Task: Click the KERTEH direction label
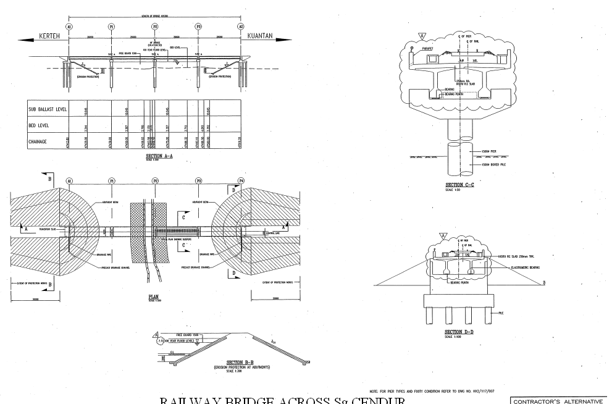pyautogui.click(x=49, y=37)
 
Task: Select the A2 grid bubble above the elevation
pyautogui.click(x=241, y=27)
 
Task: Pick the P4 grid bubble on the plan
pyautogui.click(x=241, y=182)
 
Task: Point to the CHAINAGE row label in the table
pyautogui.click(x=39, y=141)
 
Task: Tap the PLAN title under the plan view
pyautogui.click(x=154, y=297)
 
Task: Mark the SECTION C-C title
pyautogui.click(x=458, y=185)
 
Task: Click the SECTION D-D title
pyautogui.click(x=458, y=332)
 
